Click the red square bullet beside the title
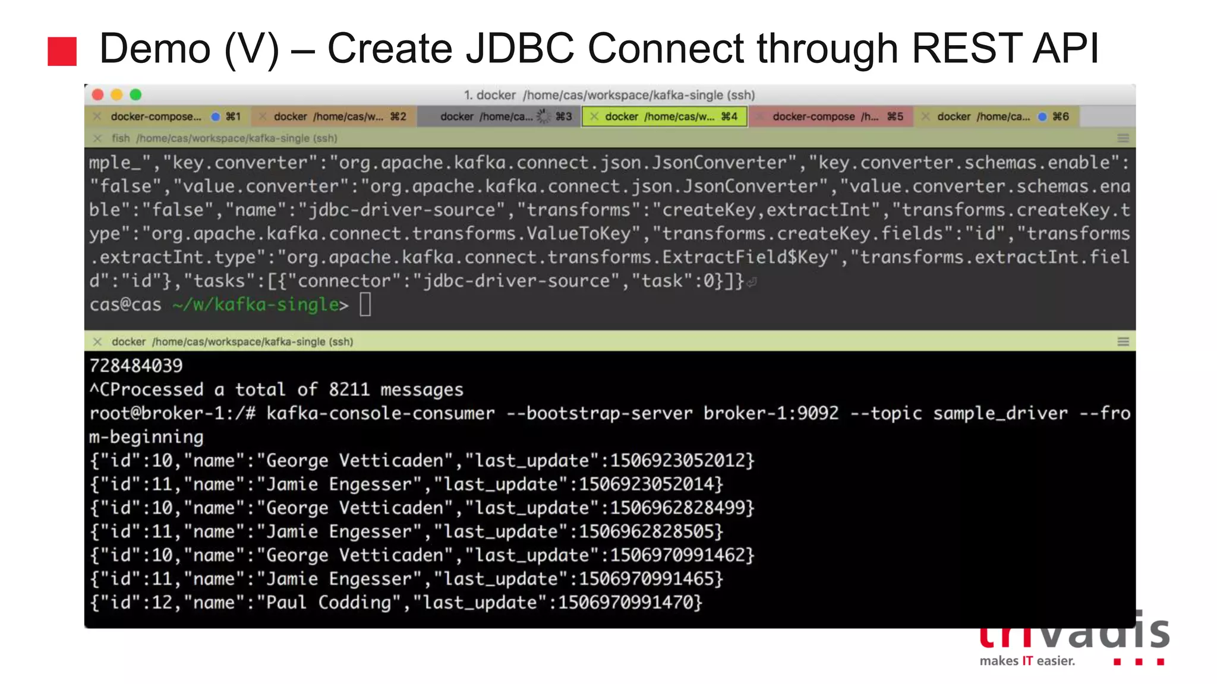(x=62, y=51)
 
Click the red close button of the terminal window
(x=99, y=95)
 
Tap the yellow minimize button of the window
(x=117, y=95)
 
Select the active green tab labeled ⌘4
(x=664, y=116)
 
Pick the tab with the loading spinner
(x=499, y=116)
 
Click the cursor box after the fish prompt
(x=365, y=305)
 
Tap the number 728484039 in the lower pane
(x=136, y=366)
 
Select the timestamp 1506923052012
(x=677, y=461)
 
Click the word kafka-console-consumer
(x=380, y=413)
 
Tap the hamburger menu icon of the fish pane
(x=1123, y=138)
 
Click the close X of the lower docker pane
(x=97, y=341)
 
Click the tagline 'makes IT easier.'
(x=1027, y=661)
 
